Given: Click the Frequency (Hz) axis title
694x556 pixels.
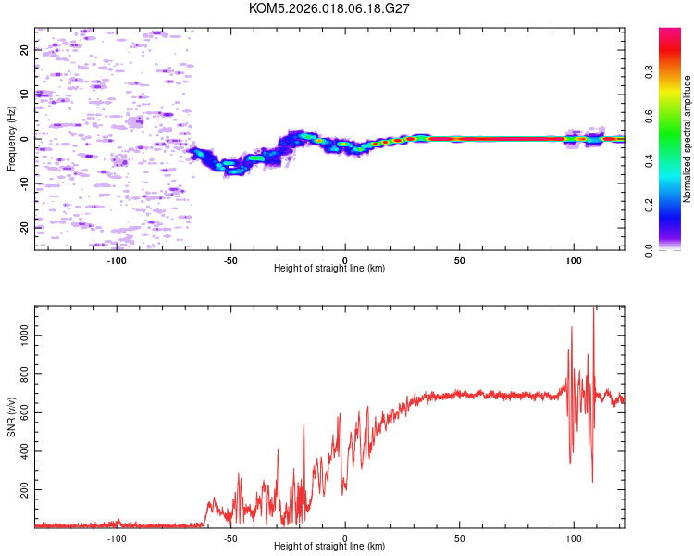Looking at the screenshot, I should point(11,139).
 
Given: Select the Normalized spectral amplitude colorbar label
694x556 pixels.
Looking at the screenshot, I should point(688,139).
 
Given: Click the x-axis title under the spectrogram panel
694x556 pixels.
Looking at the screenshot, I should point(329,269).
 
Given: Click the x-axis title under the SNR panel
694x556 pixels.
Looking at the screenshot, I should point(329,547).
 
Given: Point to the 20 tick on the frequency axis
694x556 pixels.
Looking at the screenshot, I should point(25,50).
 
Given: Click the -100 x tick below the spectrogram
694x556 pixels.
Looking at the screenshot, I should point(117,259).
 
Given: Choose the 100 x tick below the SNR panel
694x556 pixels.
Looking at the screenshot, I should point(574,537).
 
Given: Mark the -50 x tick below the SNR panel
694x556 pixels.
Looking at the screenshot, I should point(231,537).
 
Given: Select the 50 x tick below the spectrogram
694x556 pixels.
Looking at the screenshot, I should point(459,259).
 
